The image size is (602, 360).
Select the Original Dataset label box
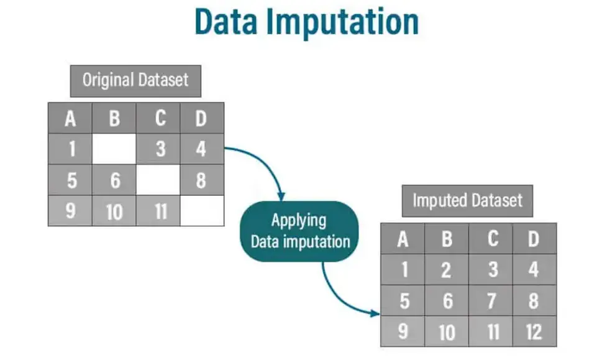[135, 80]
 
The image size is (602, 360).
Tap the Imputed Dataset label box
[467, 200]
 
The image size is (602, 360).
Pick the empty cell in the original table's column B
[114, 150]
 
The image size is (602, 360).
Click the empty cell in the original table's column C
[158, 180]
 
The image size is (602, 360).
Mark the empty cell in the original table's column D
[202, 211]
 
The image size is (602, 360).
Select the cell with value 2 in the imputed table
[447, 270]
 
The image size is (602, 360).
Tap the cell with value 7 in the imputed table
[491, 301]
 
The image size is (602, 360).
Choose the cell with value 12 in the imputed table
[535, 331]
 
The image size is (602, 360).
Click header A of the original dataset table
[70, 118]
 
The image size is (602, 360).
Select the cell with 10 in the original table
[114, 211]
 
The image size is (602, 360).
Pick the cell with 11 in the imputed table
[491, 331]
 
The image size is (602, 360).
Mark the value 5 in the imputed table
[403, 301]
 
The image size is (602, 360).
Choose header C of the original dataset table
[158, 118]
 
